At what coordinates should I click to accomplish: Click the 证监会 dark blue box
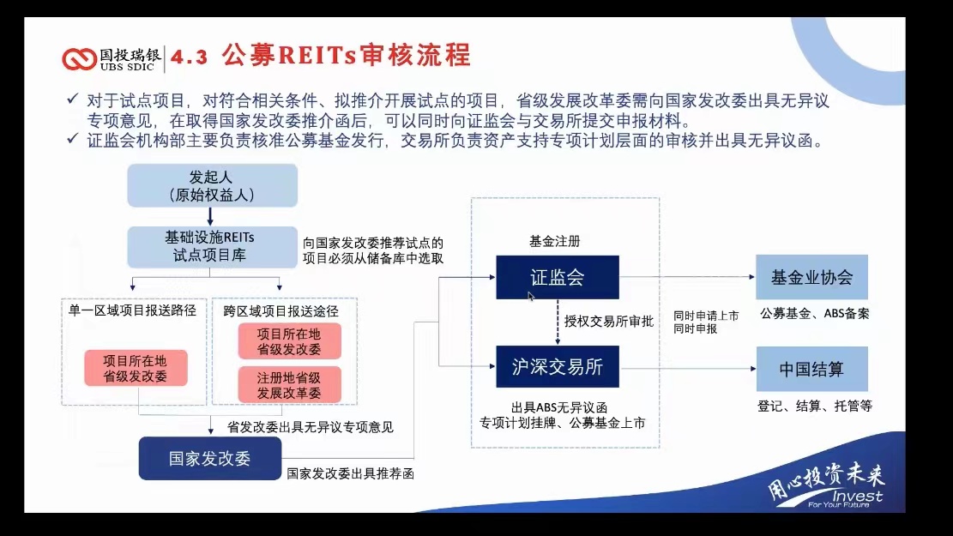(x=558, y=277)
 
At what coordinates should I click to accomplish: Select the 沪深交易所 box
(x=558, y=366)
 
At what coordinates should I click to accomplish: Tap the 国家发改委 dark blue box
(x=209, y=458)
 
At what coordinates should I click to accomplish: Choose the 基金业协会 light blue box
(x=811, y=277)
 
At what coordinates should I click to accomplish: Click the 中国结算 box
(x=811, y=369)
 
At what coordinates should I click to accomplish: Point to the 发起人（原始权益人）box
(x=212, y=185)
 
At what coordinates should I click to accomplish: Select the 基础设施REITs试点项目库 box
(x=212, y=247)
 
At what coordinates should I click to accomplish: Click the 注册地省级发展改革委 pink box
(x=289, y=385)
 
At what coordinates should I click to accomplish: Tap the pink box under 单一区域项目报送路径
(x=136, y=368)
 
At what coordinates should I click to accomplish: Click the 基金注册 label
(x=554, y=241)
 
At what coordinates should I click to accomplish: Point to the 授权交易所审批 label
(x=608, y=322)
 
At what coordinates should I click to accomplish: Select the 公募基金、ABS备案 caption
(x=814, y=314)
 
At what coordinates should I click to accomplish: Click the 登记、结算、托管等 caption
(x=814, y=406)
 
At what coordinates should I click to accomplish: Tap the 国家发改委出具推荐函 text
(x=350, y=473)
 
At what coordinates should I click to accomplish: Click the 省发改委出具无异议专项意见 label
(x=310, y=427)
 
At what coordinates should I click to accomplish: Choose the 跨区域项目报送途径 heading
(x=280, y=311)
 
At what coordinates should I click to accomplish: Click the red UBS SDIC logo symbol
(x=79, y=59)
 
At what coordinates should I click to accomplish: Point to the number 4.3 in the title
(x=189, y=57)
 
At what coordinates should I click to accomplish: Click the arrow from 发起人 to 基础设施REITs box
(x=210, y=216)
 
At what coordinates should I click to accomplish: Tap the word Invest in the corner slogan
(x=857, y=496)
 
